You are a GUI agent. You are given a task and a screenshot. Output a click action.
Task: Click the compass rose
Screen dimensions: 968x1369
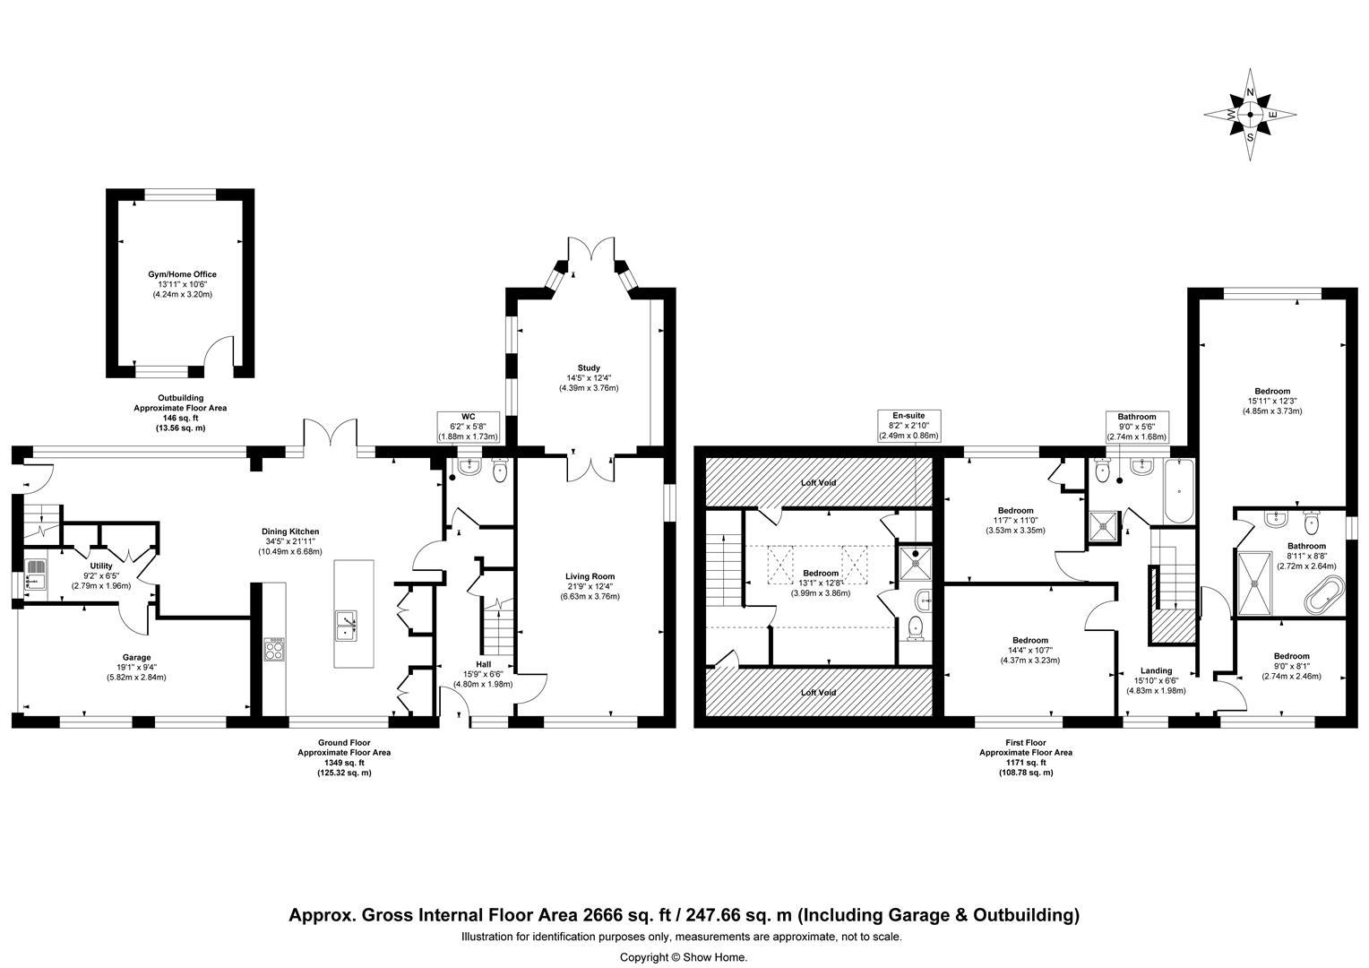pos(1250,115)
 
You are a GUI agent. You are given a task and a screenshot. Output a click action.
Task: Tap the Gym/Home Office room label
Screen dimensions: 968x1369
pos(182,284)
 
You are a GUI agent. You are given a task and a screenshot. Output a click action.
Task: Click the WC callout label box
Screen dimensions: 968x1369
pos(468,426)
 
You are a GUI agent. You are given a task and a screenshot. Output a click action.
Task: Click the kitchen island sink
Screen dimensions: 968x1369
pos(346,625)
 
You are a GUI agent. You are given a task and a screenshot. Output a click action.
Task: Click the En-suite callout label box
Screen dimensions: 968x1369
pos(912,426)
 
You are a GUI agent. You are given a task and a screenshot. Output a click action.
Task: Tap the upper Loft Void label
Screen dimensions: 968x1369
pos(819,482)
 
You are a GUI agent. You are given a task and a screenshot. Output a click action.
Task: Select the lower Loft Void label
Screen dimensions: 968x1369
pos(819,692)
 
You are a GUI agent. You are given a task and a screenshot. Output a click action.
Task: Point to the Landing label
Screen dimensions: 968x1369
pos(1157,679)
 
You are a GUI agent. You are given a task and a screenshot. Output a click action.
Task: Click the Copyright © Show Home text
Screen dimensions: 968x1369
pos(684,956)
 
